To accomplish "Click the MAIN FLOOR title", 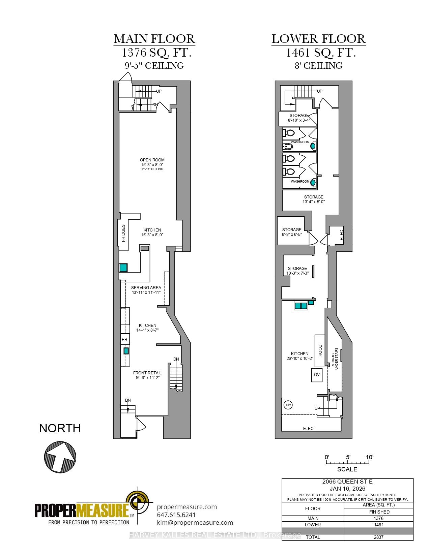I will (154, 39).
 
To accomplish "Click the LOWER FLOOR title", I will (318, 39).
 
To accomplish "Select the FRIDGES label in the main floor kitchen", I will (123, 233).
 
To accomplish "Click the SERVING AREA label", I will (146, 288).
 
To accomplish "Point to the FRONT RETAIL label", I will (147, 373).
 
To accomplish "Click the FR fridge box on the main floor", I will (125, 340).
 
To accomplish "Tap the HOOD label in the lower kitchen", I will (320, 350).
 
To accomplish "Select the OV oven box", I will (316, 375).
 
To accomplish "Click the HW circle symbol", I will (288, 405).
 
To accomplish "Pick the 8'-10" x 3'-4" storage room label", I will (299, 120).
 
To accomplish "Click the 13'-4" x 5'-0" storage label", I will (313, 202).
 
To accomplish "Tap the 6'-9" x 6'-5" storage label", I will (292, 234).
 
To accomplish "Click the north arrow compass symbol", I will (60, 457).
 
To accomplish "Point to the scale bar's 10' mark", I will (370, 458).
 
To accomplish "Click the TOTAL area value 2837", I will (379, 537).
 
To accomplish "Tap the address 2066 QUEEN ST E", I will (347, 482).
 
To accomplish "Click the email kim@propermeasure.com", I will (195, 523).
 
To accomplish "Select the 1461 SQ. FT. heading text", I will (321, 53).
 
